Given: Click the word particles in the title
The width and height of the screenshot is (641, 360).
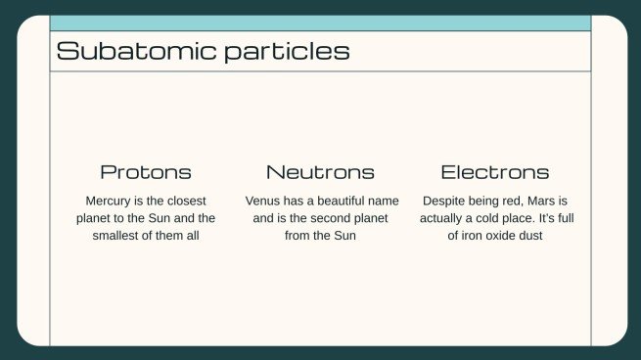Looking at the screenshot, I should [286, 52].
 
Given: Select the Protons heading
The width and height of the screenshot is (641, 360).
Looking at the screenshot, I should [146, 172].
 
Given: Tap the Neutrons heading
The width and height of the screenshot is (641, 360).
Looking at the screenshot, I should [320, 172].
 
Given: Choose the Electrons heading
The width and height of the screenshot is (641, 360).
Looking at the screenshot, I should [494, 172].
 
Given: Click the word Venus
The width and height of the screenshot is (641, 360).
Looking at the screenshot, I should [262, 201].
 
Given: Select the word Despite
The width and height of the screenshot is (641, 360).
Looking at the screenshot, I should [444, 201].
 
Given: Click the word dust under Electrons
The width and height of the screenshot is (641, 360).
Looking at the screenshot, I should [529, 236].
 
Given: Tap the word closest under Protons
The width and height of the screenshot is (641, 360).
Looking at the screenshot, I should [185, 201].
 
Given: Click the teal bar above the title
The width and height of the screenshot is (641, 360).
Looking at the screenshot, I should [320, 22].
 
